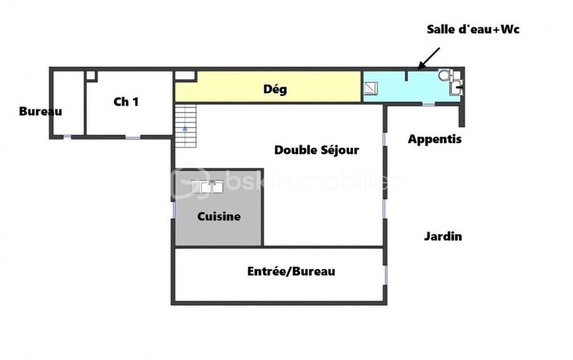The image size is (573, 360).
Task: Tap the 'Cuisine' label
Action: point(219,216)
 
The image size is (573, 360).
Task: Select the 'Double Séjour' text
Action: point(317,150)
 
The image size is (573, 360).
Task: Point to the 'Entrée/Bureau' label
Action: point(291,271)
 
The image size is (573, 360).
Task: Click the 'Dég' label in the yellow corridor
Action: point(275,89)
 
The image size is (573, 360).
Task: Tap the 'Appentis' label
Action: point(435,140)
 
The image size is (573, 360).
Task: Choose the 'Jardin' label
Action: point(443,236)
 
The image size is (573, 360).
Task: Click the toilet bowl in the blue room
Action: point(446,75)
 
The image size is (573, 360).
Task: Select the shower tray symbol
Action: point(371,88)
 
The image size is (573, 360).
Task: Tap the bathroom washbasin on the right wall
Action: point(456,89)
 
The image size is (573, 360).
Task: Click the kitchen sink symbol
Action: point(207,187)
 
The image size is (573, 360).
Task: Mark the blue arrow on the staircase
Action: point(185,127)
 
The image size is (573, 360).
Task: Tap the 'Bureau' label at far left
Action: point(41,111)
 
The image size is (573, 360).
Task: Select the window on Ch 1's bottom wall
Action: point(133,137)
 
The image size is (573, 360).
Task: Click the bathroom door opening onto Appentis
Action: point(428,104)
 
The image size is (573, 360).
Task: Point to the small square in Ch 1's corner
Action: point(91,75)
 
